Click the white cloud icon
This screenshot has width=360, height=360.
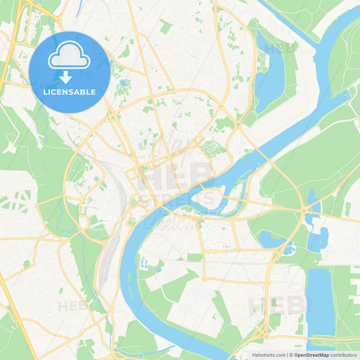point(69,55)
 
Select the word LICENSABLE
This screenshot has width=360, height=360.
point(69,92)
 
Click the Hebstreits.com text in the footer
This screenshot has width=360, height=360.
point(269,355)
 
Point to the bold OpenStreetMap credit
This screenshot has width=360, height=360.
point(312,355)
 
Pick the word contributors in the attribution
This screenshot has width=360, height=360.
point(343,355)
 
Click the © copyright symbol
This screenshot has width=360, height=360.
point(291,355)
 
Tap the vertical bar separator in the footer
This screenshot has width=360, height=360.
point(287,355)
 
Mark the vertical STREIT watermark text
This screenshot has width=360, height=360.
point(310,304)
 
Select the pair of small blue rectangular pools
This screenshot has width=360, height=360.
point(158,270)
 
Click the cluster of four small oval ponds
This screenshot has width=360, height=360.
point(144,262)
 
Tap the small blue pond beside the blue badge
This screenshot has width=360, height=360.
point(123,83)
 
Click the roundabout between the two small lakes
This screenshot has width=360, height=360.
point(304,210)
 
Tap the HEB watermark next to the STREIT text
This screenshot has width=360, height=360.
point(277,304)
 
